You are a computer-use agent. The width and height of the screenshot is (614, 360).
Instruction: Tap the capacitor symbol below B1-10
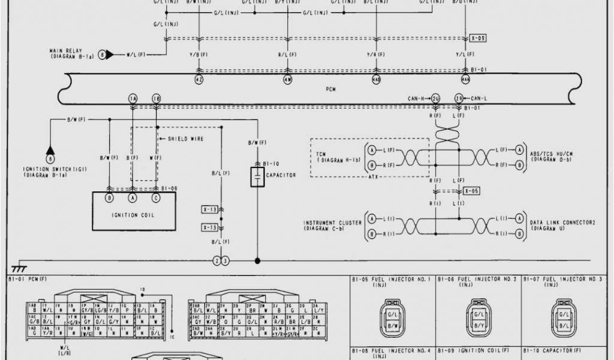257,178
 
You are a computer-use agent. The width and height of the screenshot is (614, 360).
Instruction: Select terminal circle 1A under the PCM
132,98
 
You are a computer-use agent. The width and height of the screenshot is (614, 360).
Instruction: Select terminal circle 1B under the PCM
156,98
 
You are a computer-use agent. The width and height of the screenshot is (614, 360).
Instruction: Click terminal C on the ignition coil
156,197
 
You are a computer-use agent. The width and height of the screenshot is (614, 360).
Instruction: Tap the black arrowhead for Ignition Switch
50,149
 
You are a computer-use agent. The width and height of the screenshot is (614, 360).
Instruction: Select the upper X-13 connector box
209,209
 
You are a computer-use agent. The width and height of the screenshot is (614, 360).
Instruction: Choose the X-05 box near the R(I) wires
471,191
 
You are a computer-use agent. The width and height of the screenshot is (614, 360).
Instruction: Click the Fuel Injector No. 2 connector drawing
478,318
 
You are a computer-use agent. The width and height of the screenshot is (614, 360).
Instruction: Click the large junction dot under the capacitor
258,261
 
